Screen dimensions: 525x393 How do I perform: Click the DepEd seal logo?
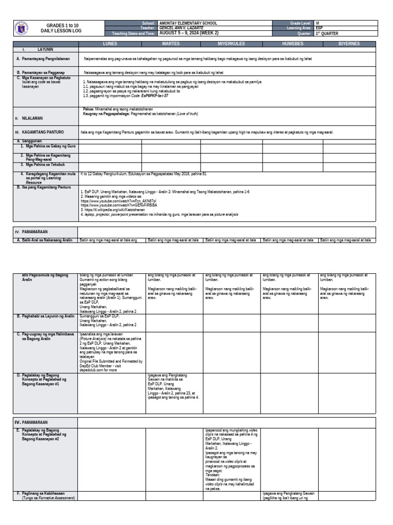23,29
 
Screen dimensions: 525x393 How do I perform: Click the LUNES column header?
110,44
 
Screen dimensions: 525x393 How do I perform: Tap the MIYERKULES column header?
232,44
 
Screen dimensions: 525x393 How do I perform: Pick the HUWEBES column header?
292,44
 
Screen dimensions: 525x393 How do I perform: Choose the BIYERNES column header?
350,44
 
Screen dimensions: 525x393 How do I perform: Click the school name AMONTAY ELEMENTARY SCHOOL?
188,24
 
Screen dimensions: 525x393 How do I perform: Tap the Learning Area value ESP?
319,28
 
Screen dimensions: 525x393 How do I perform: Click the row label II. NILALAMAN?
31,118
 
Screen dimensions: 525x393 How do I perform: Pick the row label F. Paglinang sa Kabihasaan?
45,493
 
